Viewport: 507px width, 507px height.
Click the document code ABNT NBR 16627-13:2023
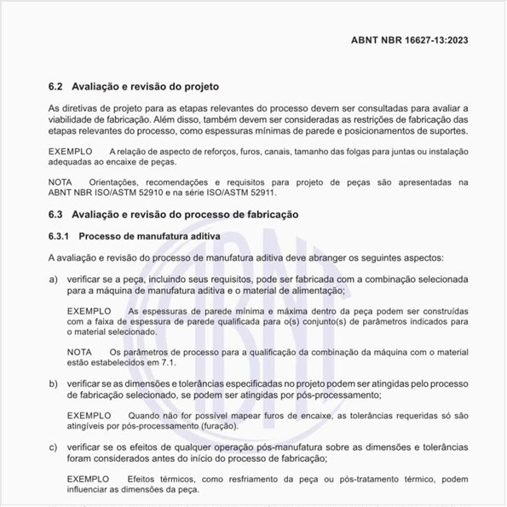coord(409,40)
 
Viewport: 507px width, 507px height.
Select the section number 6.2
coord(55,87)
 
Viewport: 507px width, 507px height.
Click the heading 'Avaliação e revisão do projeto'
coord(147,87)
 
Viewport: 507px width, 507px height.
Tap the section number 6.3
coord(55,214)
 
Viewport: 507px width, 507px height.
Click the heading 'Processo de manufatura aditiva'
coord(150,234)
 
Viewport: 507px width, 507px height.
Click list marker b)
coord(53,385)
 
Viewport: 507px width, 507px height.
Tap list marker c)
coord(53,447)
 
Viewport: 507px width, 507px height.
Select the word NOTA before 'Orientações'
coord(60,182)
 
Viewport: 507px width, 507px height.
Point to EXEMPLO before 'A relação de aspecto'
coord(70,151)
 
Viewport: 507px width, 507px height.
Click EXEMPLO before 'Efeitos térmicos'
coord(89,478)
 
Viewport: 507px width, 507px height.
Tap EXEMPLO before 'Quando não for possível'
coord(89,414)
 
